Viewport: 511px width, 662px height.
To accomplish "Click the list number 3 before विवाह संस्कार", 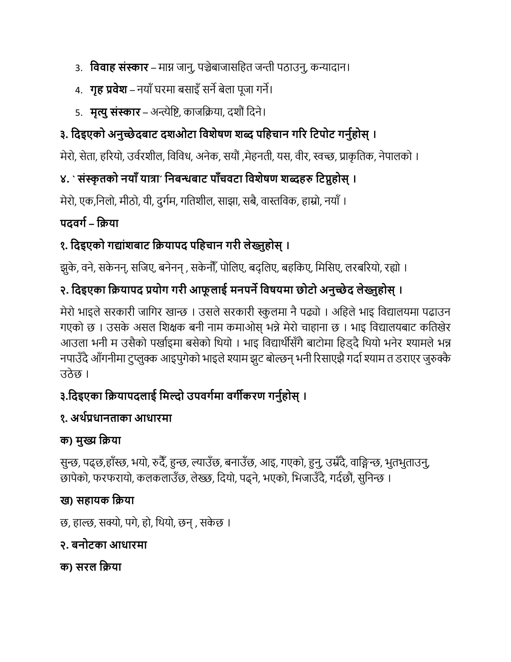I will (79, 68).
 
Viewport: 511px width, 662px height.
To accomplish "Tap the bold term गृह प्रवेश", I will (108, 90).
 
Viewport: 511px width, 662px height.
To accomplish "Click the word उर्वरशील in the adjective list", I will (146, 156).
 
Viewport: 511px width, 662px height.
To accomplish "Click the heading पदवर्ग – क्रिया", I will (89, 223).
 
